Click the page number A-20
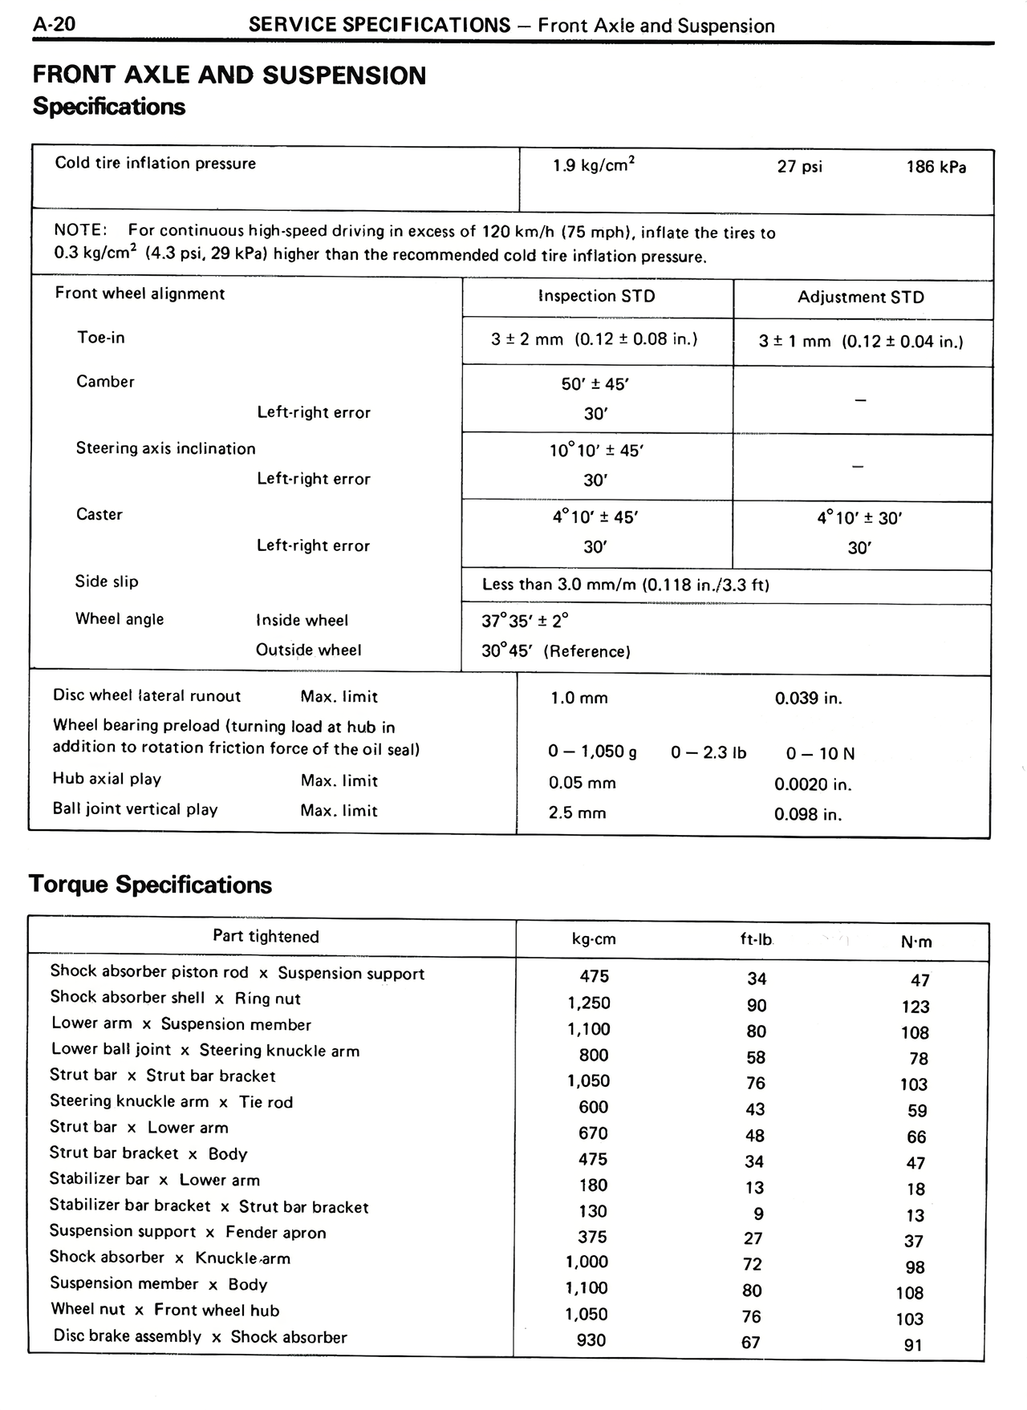tap(54, 24)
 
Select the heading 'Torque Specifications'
tap(150, 885)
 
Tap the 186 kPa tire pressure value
tap(936, 167)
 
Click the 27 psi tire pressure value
tap(799, 167)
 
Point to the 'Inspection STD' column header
tap(597, 296)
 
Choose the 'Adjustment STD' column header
tap(860, 298)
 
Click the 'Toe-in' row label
tap(101, 338)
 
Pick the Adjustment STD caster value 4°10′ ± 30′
tap(859, 518)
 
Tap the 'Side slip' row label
tap(107, 581)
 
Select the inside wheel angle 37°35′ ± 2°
tap(525, 621)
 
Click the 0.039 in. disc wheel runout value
tap(808, 699)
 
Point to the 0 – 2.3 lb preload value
tap(708, 752)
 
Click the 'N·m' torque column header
tap(916, 942)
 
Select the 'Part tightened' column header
tap(266, 937)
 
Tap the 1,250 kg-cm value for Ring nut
tap(589, 1003)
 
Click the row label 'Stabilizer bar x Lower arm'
tap(155, 1180)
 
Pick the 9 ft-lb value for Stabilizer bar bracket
tap(758, 1214)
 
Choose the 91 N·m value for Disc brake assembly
tap(913, 1345)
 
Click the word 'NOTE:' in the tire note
tap(80, 230)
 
